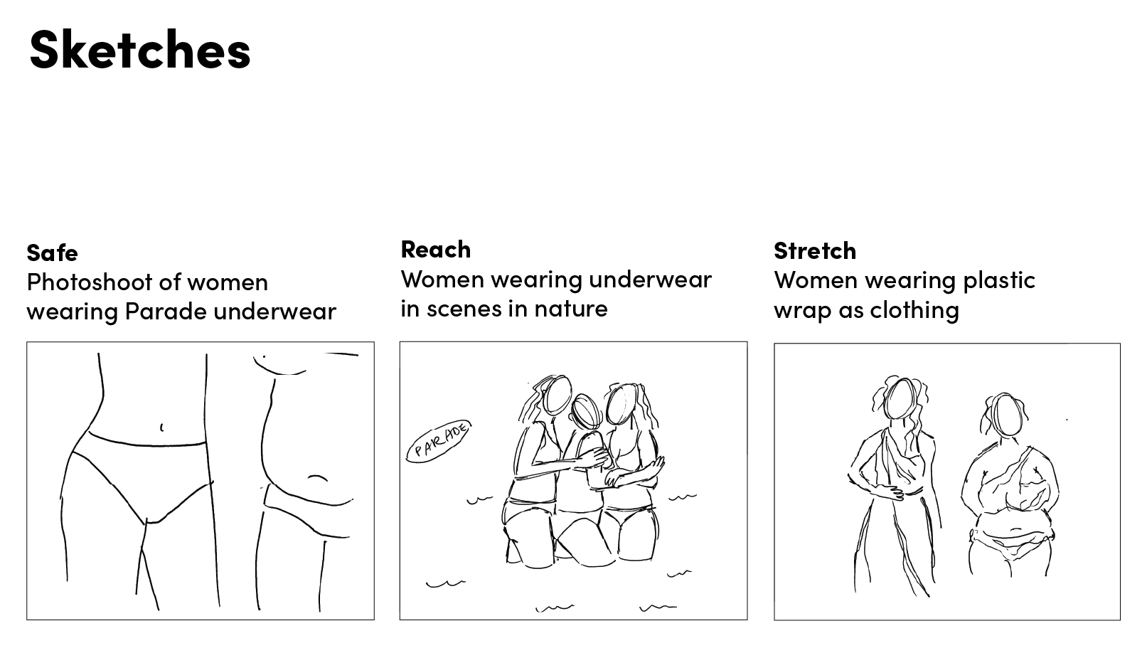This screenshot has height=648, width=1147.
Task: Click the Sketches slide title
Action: point(139,50)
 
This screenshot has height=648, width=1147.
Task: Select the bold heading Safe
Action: point(52,253)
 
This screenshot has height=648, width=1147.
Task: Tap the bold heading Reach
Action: point(435,249)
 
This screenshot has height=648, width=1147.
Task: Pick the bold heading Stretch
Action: point(814,250)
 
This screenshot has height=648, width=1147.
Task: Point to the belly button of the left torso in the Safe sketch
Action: point(161,427)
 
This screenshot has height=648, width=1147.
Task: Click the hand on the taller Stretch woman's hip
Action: point(887,491)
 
